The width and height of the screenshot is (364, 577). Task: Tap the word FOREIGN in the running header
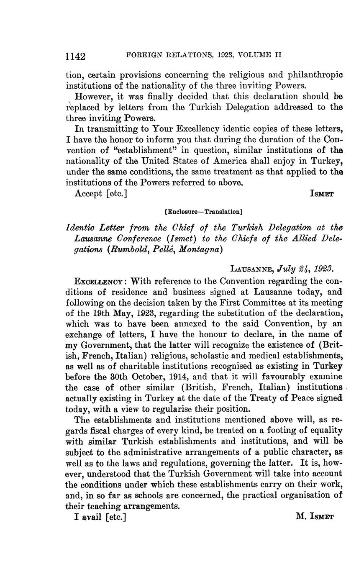tap(145, 55)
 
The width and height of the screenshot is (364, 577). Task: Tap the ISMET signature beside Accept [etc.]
tap(321, 194)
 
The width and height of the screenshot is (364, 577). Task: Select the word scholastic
tap(210, 355)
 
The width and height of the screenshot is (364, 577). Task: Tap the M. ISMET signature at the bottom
tap(314, 517)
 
